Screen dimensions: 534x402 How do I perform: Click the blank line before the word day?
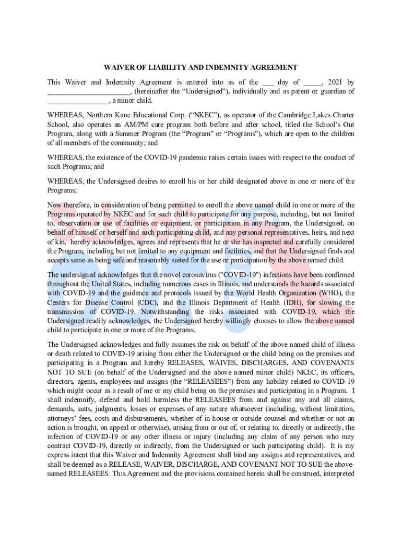[x=268, y=83]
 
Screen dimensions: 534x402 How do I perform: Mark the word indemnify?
[x=72, y=399]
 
